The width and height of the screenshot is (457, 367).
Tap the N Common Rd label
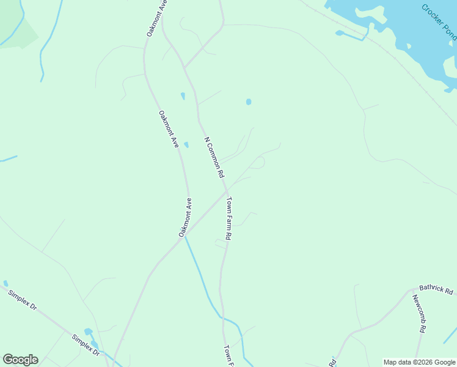pos(214,157)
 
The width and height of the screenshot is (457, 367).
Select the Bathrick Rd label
pos(436,289)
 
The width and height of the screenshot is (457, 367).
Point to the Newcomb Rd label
pos(418,313)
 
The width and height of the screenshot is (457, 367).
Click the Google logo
pos(20,360)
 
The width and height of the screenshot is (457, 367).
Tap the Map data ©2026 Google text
pos(419,362)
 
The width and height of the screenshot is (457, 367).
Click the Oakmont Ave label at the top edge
pos(157,18)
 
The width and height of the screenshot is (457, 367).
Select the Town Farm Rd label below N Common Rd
pos(228,218)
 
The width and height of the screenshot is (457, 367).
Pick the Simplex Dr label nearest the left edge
pos(23,300)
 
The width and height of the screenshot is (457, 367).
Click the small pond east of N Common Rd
pos(249,102)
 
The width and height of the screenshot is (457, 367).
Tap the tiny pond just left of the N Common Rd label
pos(186,145)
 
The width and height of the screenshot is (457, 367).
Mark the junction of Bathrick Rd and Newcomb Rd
pos(411,290)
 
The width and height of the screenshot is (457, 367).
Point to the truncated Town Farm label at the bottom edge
pos(229,356)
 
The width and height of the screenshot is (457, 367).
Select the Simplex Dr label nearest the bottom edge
pos(85,346)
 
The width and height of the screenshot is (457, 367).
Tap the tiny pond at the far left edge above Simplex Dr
pos(5,283)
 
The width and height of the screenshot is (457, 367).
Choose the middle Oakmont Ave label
pos(168,129)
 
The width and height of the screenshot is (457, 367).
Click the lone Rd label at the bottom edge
pos(333,361)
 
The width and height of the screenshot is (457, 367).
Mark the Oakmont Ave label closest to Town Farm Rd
pos(186,217)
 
